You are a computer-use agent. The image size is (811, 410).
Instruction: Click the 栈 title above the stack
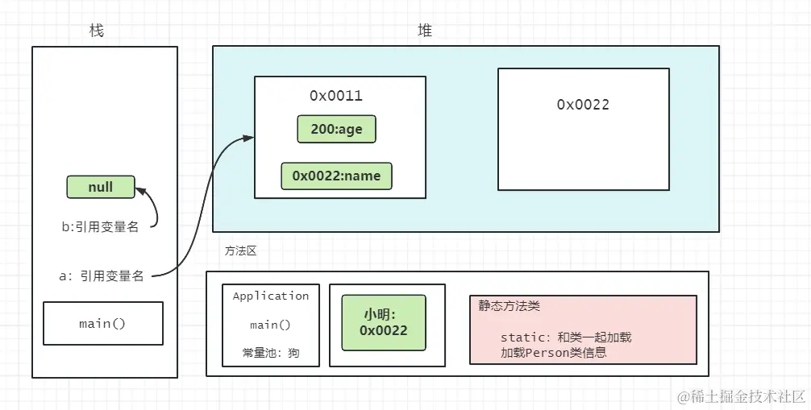click(97, 31)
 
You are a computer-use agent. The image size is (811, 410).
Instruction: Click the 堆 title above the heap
click(425, 31)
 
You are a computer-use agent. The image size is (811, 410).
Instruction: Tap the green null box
click(101, 187)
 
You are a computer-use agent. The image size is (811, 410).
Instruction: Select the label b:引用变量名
click(100, 227)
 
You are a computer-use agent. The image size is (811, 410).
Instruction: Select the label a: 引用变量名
click(102, 275)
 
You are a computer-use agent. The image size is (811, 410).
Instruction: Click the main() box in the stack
click(102, 324)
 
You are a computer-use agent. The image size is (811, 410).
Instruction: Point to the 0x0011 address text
click(336, 96)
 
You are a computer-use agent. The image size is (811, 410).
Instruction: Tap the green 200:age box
click(336, 129)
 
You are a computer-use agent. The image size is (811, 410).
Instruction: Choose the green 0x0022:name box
click(336, 176)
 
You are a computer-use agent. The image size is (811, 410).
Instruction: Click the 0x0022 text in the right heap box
click(583, 105)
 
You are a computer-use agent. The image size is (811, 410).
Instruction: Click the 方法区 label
click(240, 251)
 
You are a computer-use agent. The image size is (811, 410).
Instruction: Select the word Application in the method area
click(271, 296)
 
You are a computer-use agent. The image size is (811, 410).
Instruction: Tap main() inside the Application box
click(271, 325)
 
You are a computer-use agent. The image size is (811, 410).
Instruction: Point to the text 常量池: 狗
click(271, 353)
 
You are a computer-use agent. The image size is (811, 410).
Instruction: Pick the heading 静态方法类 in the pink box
click(509, 306)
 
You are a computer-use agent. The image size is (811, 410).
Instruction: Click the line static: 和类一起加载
click(565, 337)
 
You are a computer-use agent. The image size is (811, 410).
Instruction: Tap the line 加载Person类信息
click(553, 352)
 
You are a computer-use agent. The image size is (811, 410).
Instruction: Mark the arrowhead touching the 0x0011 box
click(249, 139)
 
